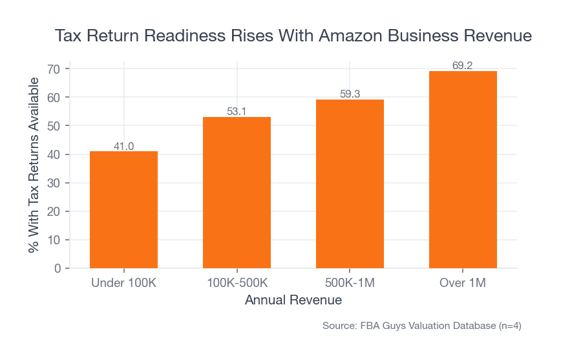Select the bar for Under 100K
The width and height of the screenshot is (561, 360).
coord(123,209)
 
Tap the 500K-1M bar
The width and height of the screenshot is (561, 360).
coord(350,184)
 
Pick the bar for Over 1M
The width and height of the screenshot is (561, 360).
coord(463,169)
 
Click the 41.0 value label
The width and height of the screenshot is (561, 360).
coord(123,146)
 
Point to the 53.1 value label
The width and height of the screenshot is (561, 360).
coord(237,111)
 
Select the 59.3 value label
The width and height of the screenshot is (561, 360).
coord(350,94)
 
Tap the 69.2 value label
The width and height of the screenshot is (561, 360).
coord(463,65)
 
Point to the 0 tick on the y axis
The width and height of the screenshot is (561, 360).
coord(57,268)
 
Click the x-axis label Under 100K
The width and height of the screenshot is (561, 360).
coord(123,283)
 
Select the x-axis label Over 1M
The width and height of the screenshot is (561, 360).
coord(463,283)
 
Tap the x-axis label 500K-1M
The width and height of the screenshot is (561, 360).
coord(350,283)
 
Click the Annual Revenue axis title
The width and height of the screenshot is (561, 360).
coord(293,301)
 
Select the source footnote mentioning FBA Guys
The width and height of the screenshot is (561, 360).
coord(421,326)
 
